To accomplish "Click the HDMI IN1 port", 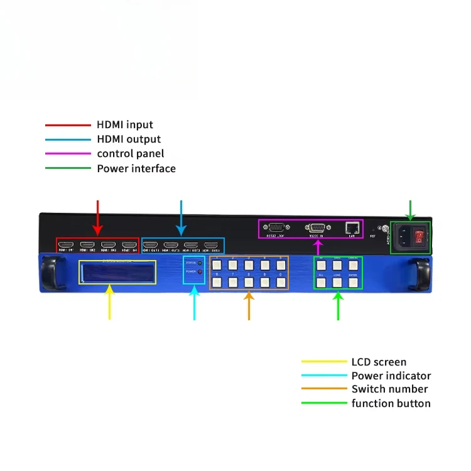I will (66, 244).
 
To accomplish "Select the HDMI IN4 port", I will (129, 244).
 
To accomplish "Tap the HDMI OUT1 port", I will (151, 245).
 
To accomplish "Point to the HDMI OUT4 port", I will (211, 245).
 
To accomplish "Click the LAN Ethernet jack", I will (353, 228).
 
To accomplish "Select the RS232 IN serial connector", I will (317, 228).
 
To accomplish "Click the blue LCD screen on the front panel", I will (117, 272).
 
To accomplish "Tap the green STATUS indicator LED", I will (200, 263).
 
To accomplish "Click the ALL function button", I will (321, 282).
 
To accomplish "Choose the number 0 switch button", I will (279, 282).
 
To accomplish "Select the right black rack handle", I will (421, 273).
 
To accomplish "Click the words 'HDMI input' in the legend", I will (125, 125).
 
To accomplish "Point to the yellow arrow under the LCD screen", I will (109, 301).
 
